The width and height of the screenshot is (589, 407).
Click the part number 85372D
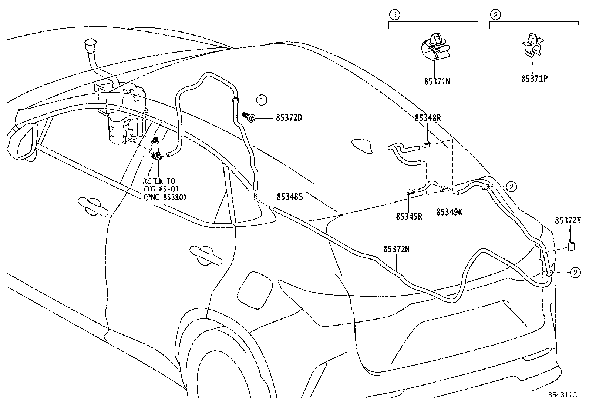point(289,118)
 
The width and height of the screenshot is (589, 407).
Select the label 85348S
point(289,197)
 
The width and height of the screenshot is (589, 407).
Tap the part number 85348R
point(428,118)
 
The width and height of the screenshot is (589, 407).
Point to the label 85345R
point(409,216)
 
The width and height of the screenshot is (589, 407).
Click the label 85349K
point(449,212)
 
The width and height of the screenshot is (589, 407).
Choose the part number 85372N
point(396,249)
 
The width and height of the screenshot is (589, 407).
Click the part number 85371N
point(437,81)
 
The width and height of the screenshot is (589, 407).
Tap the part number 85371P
point(534,79)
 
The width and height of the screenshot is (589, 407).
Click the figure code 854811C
point(563,394)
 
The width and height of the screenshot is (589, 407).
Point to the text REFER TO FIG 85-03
point(159,185)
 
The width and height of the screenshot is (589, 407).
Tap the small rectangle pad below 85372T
point(571,247)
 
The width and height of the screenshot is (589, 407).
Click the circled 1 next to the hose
point(261,99)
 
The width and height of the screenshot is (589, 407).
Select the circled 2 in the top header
point(495,15)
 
